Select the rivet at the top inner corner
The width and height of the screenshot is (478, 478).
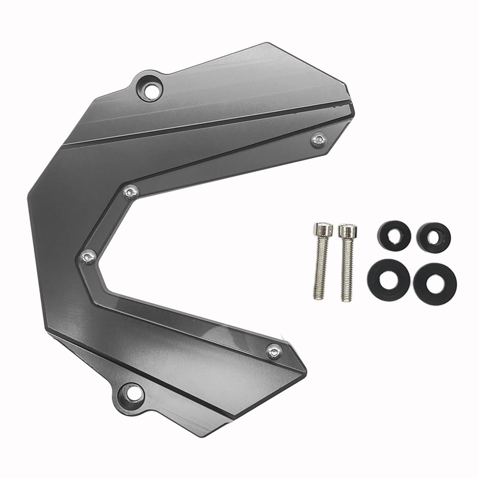(131, 192)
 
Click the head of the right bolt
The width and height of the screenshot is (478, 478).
(347, 230)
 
